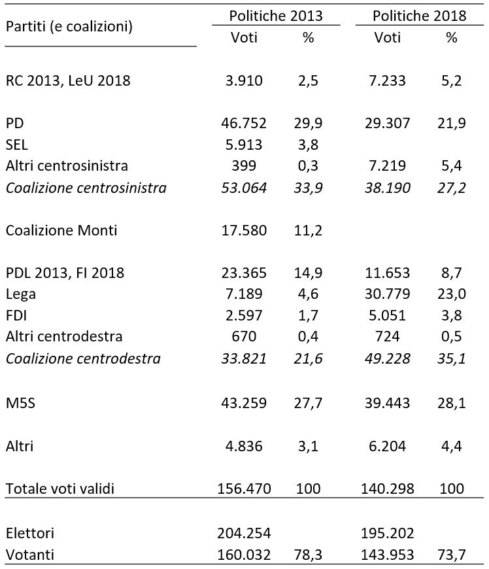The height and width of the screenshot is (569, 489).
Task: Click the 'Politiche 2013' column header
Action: pyautogui.click(x=276, y=16)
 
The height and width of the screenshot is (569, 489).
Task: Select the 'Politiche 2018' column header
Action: pyautogui.click(x=419, y=16)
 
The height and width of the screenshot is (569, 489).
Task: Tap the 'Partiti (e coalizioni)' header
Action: pyautogui.click(x=69, y=27)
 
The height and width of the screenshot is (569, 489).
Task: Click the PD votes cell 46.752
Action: pyautogui.click(x=244, y=124)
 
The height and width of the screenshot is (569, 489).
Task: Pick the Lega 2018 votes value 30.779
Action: pyautogui.click(x=388, y=294)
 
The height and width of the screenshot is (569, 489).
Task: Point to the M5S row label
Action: pyautogui.click(x=21, y=403)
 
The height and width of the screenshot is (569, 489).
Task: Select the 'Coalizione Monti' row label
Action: pyautogui.click(x=61, y=230)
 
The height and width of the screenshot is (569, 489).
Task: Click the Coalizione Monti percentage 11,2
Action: pyautogui.click(x=308, y=230)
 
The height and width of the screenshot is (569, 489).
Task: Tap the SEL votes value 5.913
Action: pyautogui.click(x=244, y=145)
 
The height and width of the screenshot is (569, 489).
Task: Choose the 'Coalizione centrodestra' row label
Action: pyautogui.click(x=83, y=358)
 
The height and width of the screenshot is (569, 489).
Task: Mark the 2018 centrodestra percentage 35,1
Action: pyautogui.click(x=452, y=358)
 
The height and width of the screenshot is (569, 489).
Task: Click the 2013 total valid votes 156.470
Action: pyautogui.click(x=244, y=489)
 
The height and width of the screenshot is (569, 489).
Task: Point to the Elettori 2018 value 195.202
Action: pyautogui.click(x=388, y=534)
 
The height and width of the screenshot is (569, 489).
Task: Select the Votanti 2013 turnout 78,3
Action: pyautogui.click(x=308, y=555)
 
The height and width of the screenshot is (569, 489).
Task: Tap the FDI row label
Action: pyautogui.click(x=16, y=315)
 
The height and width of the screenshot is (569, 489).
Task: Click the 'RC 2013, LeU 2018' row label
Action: pyautogui.click(x=68, y=80)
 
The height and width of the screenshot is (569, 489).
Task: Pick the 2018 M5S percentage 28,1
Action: pyautogui.click(x=452, y=403)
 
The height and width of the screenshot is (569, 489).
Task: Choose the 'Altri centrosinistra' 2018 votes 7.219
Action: pyautogui.click(x=388, y=166)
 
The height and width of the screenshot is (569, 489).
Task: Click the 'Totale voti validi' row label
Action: pyautogui.click(x=60, y=489)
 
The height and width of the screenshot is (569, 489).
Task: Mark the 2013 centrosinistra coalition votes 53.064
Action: pyautogui.click(x=244, y=188)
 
